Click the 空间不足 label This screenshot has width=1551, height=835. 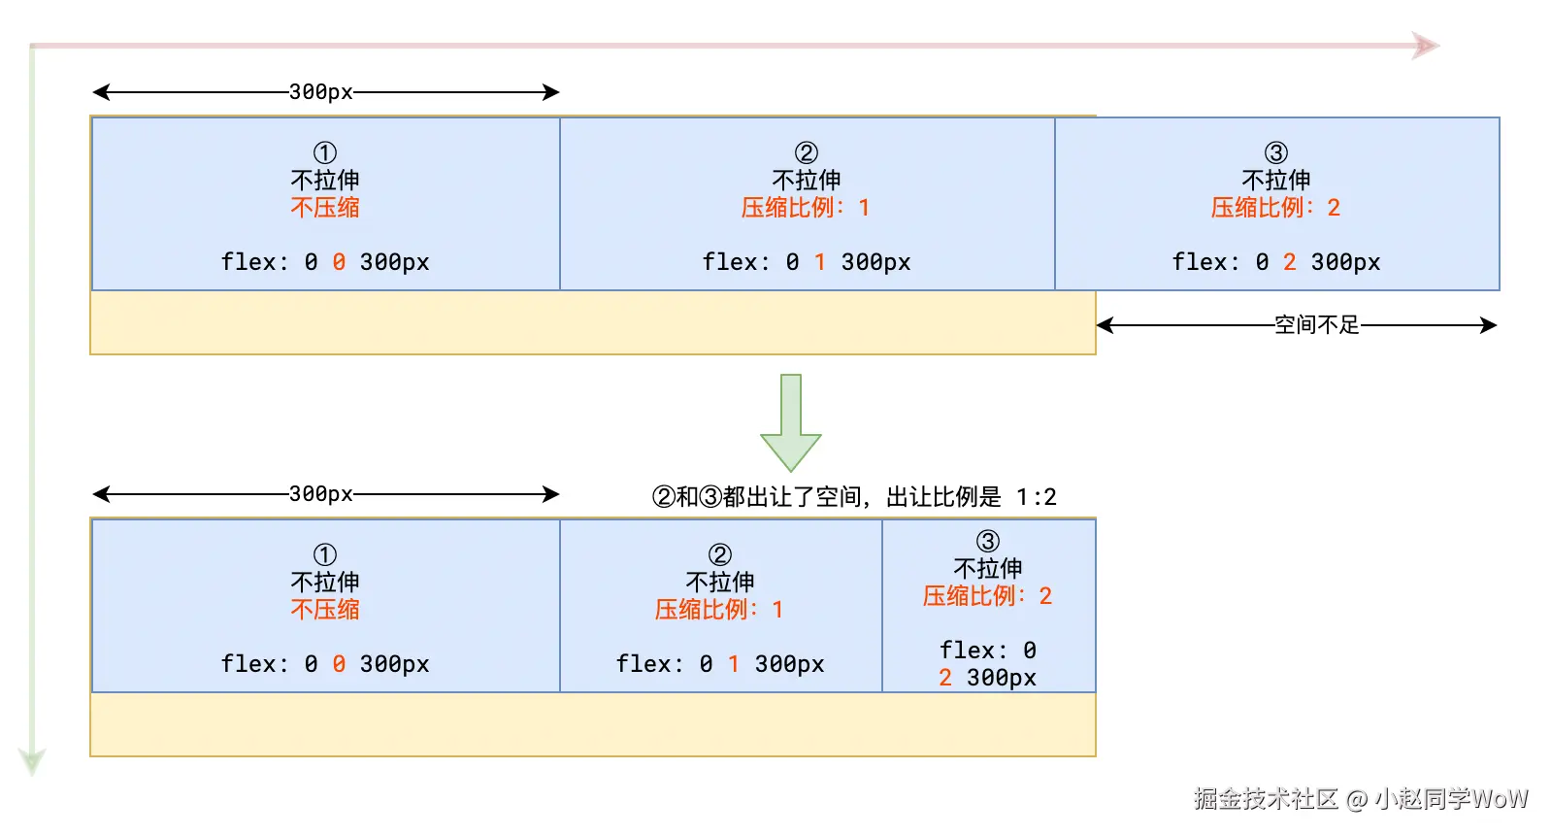(x=1317, y=325)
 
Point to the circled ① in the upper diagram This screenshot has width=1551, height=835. (x=325, y=152)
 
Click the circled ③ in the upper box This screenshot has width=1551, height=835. (x=1276, y=152)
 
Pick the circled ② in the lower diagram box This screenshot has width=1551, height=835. (x=720, y=554)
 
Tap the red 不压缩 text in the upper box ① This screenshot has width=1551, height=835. (x=325, y=208)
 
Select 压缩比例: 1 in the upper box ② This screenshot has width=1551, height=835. (x=806, y=208)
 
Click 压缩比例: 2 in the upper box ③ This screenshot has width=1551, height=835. (x=1275, y=208)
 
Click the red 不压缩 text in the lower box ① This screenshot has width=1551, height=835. (x=325, y=610)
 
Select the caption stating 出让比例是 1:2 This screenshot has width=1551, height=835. (x=854, y=497)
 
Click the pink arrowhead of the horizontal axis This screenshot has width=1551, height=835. (x=1425, y=46)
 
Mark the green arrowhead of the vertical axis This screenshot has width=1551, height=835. (x=32, y=760)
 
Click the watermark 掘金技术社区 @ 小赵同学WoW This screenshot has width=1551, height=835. (x=1361, y=799)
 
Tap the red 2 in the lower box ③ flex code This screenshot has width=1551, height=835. (x=945, y=678)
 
